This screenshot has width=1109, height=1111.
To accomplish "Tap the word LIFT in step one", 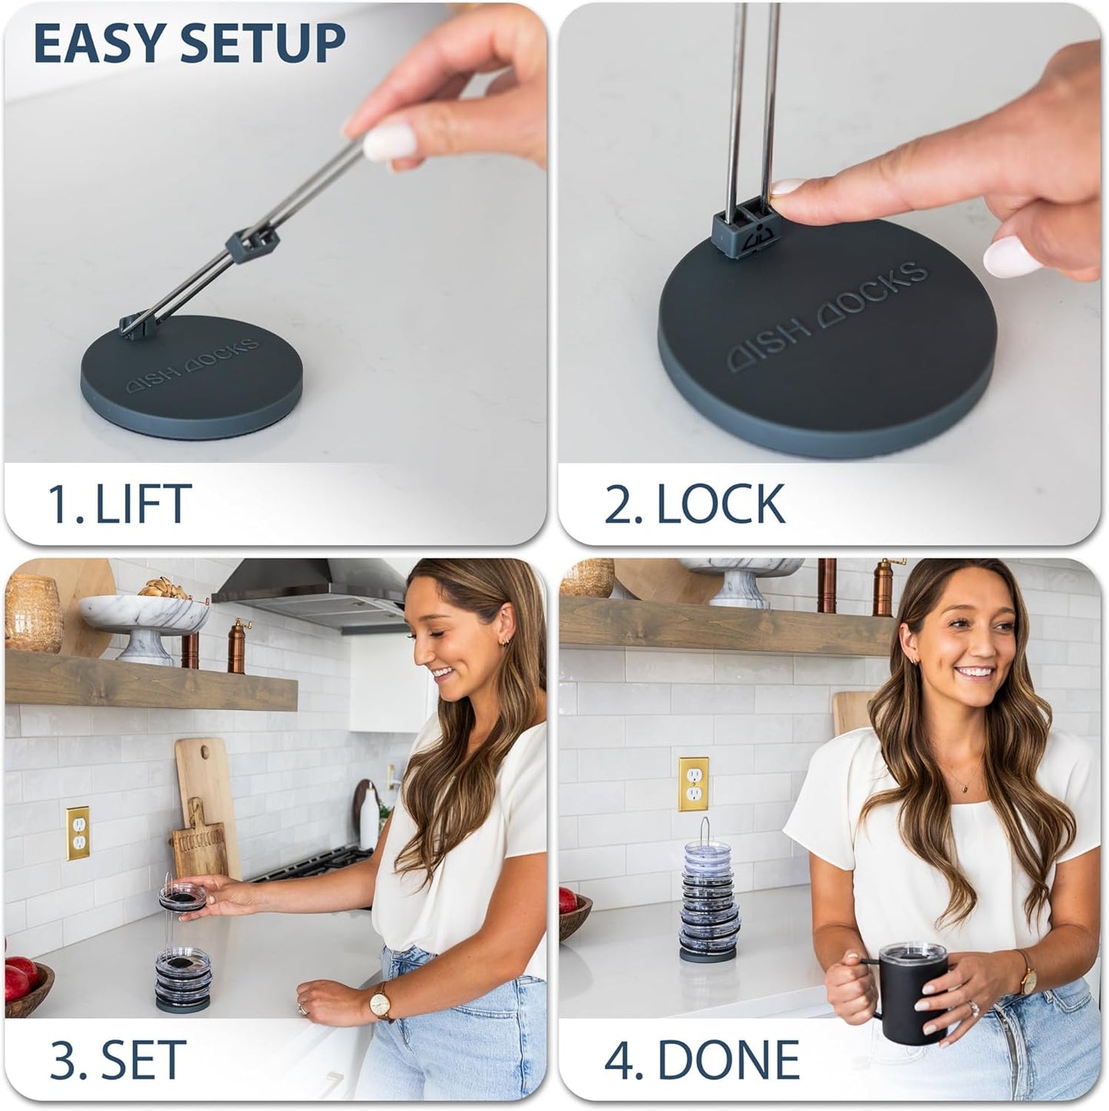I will pyautogui.click(x=144, y=504).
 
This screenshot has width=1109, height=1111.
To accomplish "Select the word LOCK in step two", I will pyautogui.click(x=721, y=504).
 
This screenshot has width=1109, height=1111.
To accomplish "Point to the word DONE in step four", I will pyautogui.click(x=728, y=1060).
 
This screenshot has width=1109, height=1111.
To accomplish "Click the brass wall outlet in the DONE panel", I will pyautogui.click(x=693, y=784).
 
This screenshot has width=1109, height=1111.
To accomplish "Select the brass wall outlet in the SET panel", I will pyautogui.click(x=78, y=833).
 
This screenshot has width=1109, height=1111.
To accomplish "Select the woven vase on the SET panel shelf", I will pyautogui.click(x=32, y=613).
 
